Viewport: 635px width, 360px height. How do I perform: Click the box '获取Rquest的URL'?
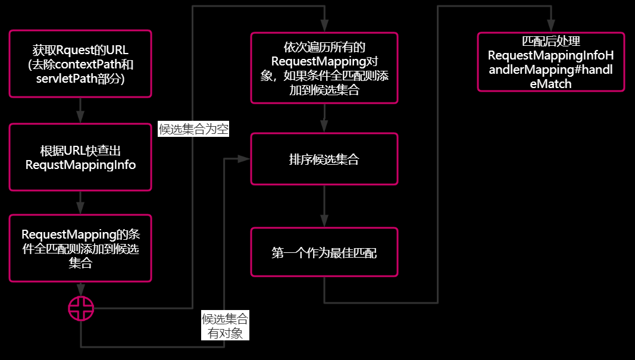80,63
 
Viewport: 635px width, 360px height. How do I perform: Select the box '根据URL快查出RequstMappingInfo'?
80,157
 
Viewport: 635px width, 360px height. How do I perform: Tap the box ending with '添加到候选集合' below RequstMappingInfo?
80,248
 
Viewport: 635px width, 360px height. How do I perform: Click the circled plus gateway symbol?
81,308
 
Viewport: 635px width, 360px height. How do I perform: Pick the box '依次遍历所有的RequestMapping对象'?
324,68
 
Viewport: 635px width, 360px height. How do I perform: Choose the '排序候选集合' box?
324,159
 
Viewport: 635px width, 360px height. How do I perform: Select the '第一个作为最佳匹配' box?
324,252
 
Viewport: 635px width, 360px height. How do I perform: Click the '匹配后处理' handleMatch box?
550,62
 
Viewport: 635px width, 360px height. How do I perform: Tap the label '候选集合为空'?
194,129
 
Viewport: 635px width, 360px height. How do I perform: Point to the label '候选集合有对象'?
225,325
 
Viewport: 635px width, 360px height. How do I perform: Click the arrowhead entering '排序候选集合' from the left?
244,159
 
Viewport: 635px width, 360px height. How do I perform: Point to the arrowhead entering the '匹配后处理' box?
550,27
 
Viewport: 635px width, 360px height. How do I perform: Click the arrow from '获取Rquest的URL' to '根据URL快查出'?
80,110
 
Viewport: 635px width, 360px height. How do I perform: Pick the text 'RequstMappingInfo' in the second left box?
80,165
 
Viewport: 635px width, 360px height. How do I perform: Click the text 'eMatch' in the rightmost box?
550,84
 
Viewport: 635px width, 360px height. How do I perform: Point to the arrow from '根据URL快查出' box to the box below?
80,202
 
